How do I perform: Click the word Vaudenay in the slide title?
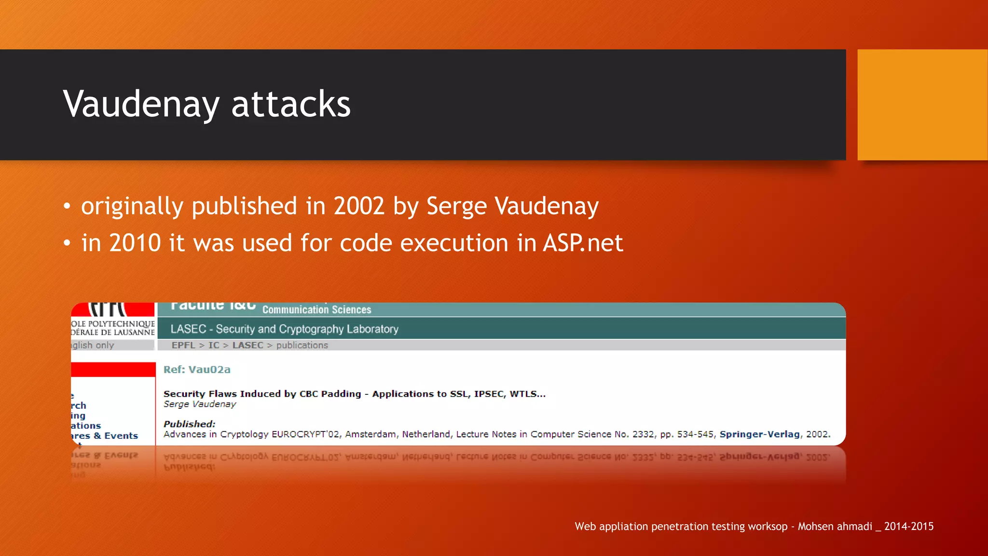coord(141,104)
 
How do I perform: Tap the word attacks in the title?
coord(291,104)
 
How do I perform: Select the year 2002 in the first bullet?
coord(359,206)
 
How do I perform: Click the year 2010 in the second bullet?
coord(135,243)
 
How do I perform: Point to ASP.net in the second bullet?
coord(583,243)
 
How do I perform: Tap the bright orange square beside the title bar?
coord(922,105)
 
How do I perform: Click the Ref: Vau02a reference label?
coord(197,370)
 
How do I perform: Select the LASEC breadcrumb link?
coord(248,345)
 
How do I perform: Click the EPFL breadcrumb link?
coord(183,345)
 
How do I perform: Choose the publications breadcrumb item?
coord(302,345)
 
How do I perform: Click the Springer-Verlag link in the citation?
coord(759,434)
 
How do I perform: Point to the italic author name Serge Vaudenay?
coord(200,404)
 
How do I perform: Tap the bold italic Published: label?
coord(189,424)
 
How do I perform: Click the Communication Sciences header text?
coord(316,310)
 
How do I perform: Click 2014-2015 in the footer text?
coord(908,527)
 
